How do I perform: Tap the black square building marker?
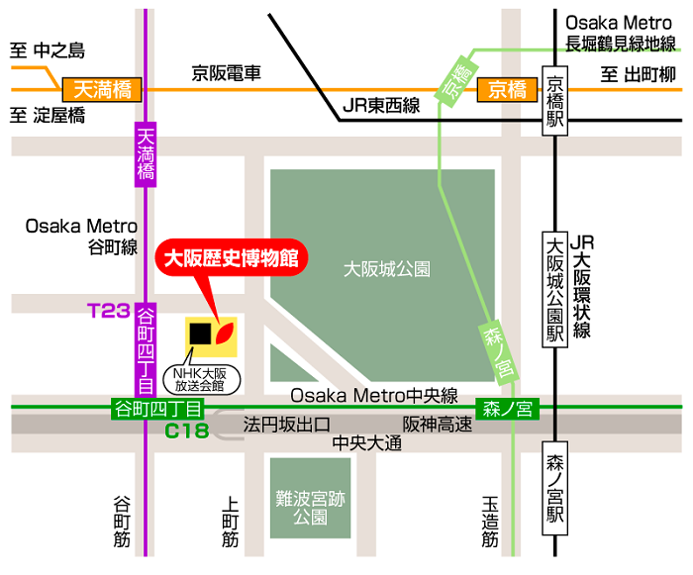pyautogui.click(x=200, y=334)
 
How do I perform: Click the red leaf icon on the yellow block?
pyautogui.click(x=226, y=335)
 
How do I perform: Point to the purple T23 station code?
pyautogui.click(x=109, y=311)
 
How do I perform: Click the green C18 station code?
pyautogui.click(x=186, y=430)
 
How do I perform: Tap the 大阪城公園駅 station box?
pyautogui.click(x=555, y=288)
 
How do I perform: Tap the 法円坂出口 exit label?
pyautogui.click(x=286, y=426)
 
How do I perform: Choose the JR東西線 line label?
pyautogui.click(x=380, y=106)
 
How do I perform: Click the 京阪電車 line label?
pyautogui.click(x=226, y=73)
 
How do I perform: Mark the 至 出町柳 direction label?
pyautogui.click(x=638, y=74)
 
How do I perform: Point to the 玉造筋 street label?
pyautogui.click(x=490, y=521)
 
